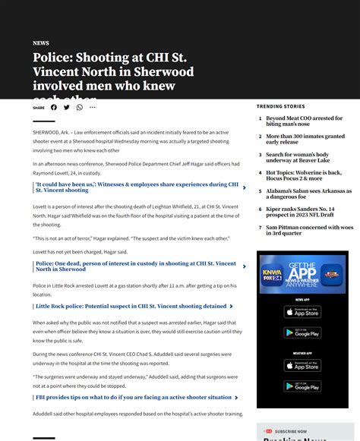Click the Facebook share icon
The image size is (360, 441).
click(x=54, y=107)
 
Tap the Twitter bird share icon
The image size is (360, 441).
click(x=67, y=107)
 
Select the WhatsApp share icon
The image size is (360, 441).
click(x=80, y=107)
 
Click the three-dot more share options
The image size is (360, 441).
click(x=93, y=107)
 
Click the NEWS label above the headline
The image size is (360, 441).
click(x=41, y=43)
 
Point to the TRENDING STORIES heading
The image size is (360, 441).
click(x=280, y=106)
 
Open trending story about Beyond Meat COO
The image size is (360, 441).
click(x=304, y=121)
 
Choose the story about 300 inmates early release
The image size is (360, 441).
click(x=305, y=140)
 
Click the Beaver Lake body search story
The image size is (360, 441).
click(x=298, y=158)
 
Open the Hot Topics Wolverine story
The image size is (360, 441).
click(x=304, y=175)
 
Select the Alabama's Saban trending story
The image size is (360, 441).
click(x=308, y=194)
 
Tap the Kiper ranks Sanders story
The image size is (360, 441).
click(x=300, y=212)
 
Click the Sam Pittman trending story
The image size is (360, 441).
click(x=309, y=230)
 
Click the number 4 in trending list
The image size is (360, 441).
click(x=260, y=173)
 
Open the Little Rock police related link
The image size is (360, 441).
click(x=131, y=307)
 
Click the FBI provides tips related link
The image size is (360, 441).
click(x=133, y=397)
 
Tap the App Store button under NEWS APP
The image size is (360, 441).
click(x=302, y=312)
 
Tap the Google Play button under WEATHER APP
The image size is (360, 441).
click(x=302, y=386)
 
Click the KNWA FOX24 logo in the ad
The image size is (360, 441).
click(x=272, y=274)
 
